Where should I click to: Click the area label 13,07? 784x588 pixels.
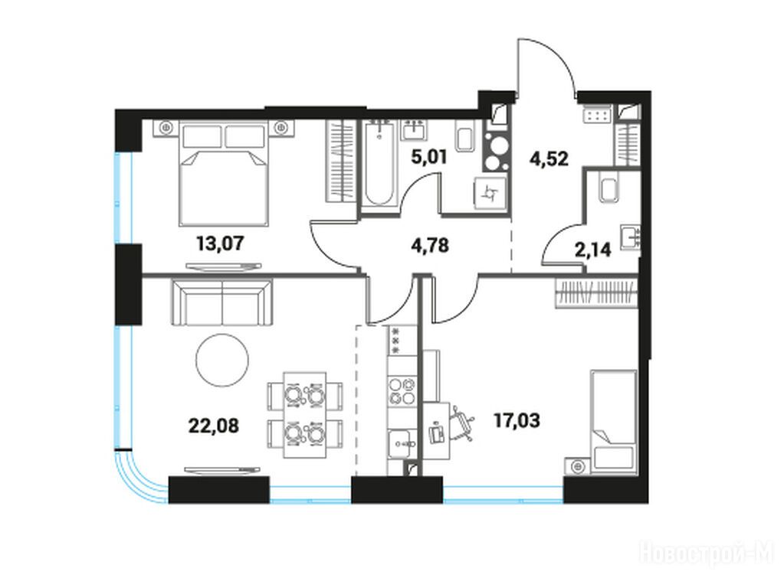tap(220, 243)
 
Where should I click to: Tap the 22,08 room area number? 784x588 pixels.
tap(214, 426)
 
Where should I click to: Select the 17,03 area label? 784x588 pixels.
tap(517, 420)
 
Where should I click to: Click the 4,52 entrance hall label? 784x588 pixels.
tap(549, 158)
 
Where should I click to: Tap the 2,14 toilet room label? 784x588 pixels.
tap(592, 249)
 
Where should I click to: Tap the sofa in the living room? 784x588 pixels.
tap(222, 302)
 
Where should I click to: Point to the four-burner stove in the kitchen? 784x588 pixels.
tap(402, 390)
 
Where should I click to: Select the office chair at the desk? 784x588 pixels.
tap(462, 423)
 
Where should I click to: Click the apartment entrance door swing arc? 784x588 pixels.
tap(555, 53)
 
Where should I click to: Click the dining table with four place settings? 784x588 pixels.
tap(304, 415)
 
